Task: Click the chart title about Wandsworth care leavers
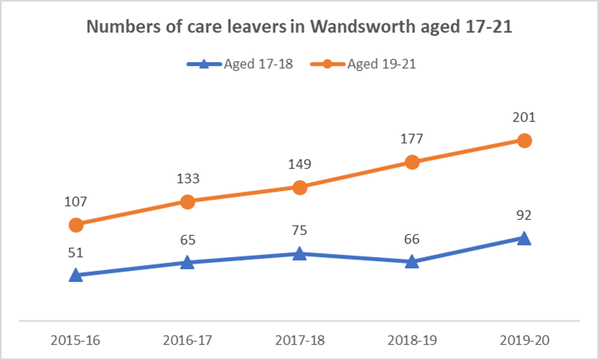299,27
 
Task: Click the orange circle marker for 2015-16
76,224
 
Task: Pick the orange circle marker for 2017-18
299,187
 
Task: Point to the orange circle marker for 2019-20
523,140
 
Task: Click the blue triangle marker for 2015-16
76,275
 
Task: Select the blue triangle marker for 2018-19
412,261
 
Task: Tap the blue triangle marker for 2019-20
523,239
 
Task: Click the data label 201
523,117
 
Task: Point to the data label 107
76,202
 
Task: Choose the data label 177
412,139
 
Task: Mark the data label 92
523,215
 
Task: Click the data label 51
76,252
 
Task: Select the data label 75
299,230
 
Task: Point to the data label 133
187,179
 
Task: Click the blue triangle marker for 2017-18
299,254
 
